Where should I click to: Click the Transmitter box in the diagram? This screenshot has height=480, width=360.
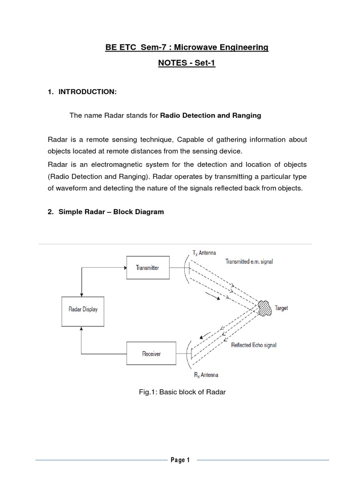pyautogui.click(x=147, y=268)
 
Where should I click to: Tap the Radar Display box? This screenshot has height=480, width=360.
pyautogui.click(x=83, y=309)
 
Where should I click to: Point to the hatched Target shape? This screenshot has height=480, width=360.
pyautogui.click(x=265, y=307)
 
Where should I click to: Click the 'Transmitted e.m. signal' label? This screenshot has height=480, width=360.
pyautogui.click(x=249, y=261)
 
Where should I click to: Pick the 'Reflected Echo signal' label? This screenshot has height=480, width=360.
pyautogui.click(x=254, y=345)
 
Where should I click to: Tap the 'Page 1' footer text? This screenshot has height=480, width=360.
pyautogui.click(x=180, y=460)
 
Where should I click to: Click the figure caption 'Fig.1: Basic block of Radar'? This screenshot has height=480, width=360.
pyautogui.click(x=180, y=391)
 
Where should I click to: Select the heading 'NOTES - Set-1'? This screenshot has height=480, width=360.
pyautogui.click(x=186, y=63)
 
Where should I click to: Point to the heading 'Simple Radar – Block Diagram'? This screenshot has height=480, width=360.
pyautogui.click(x=111, y=212)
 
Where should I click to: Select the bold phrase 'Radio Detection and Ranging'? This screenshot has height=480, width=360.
pyautogui.click(x=210, y=115)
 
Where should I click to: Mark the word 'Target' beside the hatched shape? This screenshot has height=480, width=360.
pyautogui.click(x=281, y=308)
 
